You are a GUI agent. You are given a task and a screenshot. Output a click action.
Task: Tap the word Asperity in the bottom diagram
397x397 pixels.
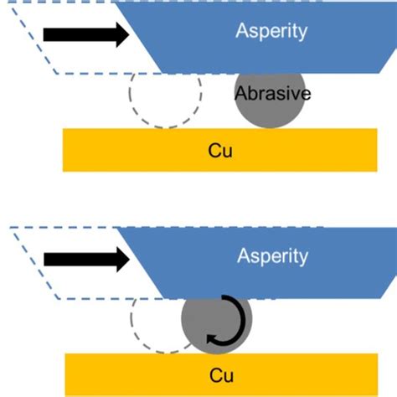point(272,255)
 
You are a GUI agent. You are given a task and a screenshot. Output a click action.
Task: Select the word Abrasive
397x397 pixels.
point(272,94)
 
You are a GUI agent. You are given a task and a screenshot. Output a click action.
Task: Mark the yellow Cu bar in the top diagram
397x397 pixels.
point(126,150)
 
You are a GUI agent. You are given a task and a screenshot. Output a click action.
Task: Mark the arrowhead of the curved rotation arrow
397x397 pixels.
point(212,338)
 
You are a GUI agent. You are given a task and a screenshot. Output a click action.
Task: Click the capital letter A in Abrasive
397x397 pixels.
point(240,94)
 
